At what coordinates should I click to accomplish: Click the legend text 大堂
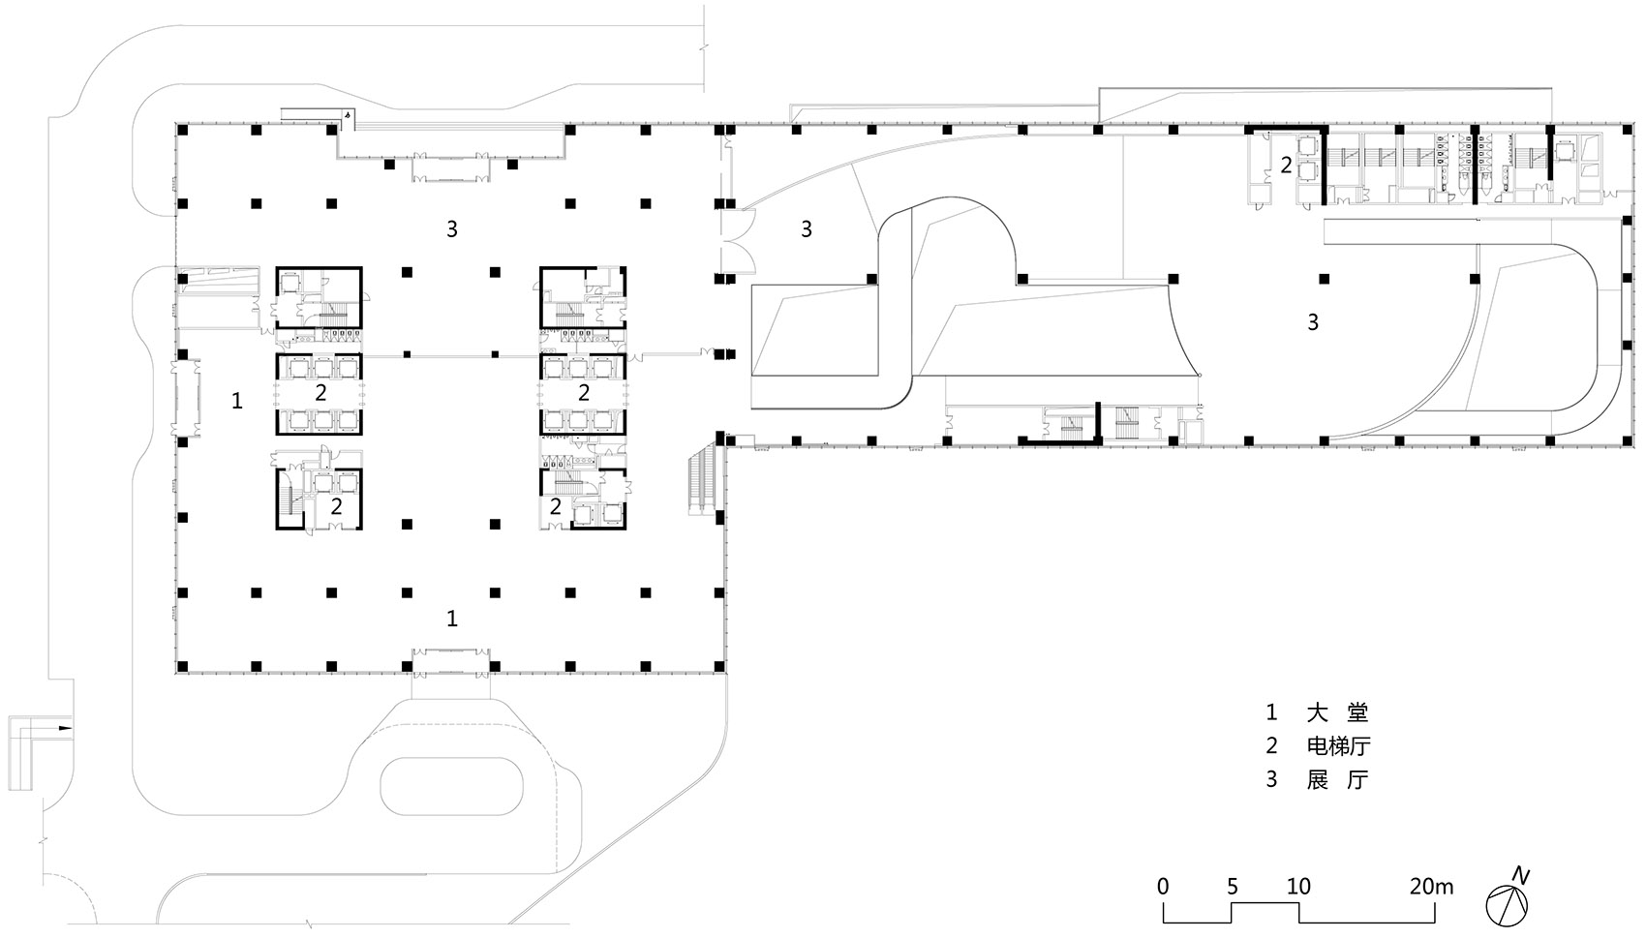[1337, 711]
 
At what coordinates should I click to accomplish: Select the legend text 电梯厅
[1338, 745]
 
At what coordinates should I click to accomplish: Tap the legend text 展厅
[1337, 779]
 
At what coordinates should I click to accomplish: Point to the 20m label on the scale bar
[1431, 887]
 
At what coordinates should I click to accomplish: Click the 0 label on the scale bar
[1163, 887]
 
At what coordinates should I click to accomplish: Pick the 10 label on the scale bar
[1298, 887]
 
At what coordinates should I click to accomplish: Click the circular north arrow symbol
[1507, 906]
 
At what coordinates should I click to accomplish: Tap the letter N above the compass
[1520, 876]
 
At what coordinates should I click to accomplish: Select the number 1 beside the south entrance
[452, 619]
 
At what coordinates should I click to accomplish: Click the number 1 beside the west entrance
[236, 401]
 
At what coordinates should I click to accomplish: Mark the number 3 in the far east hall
[1312, 321]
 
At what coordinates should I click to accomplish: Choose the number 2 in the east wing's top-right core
[1286, 166]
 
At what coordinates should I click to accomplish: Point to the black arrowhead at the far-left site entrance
[66, 728]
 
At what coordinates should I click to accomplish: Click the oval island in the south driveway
[452, 786]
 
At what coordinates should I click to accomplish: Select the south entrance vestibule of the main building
[451, 661]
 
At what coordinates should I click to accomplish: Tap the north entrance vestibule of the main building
[451, 166]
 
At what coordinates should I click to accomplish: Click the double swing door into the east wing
[738, 241]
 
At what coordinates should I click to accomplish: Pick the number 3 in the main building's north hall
[452, 229]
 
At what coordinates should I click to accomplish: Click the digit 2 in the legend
[1272, 745]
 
